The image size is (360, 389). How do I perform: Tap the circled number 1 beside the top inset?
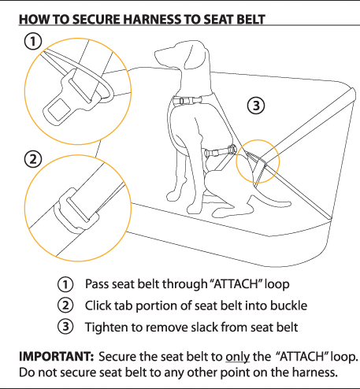click(x=33, y=41)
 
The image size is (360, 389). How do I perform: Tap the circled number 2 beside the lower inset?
click(x=33, y=159)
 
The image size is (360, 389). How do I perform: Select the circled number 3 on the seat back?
click(x=256, y=106)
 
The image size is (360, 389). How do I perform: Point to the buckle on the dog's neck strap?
click(x=187, y=101)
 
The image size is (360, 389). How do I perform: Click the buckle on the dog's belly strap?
click(x=220, y=151)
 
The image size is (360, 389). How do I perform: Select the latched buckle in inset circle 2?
click(x=76, y=211)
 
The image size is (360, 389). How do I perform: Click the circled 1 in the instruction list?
click(x=65, y=284)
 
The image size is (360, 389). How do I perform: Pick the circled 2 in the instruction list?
click(x=65, y=306)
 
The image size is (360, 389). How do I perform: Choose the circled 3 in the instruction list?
click(x=65, y=327)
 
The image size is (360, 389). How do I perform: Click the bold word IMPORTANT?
click(x=57, y=357)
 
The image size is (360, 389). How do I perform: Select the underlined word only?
click(x=237, y=357)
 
